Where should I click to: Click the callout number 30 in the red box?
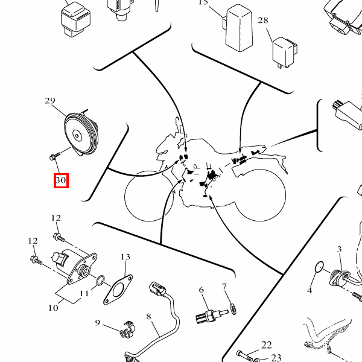click(61, 180)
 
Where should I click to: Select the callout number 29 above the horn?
click(50, 101)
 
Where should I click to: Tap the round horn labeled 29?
click(81, 133)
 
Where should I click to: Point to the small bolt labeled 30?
click(55, 156)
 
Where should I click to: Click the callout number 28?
click(263, 21)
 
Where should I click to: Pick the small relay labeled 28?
click(284, 52)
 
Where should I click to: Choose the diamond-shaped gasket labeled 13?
click(118, 290)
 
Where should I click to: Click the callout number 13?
click(125, 257)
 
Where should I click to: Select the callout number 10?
click(53, 308)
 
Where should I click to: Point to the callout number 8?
click(148, 316)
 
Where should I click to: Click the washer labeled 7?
click(233, 309)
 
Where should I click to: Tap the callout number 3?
click(339, 249)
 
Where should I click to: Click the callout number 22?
click(267, 345)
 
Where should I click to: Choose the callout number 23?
click(276, 358)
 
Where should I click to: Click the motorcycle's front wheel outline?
click(125, 196)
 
